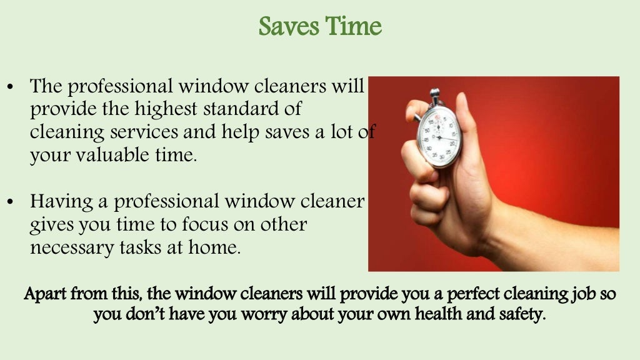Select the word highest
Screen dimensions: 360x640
(x=166, y=109)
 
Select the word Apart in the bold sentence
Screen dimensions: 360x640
(x=44, y=293)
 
